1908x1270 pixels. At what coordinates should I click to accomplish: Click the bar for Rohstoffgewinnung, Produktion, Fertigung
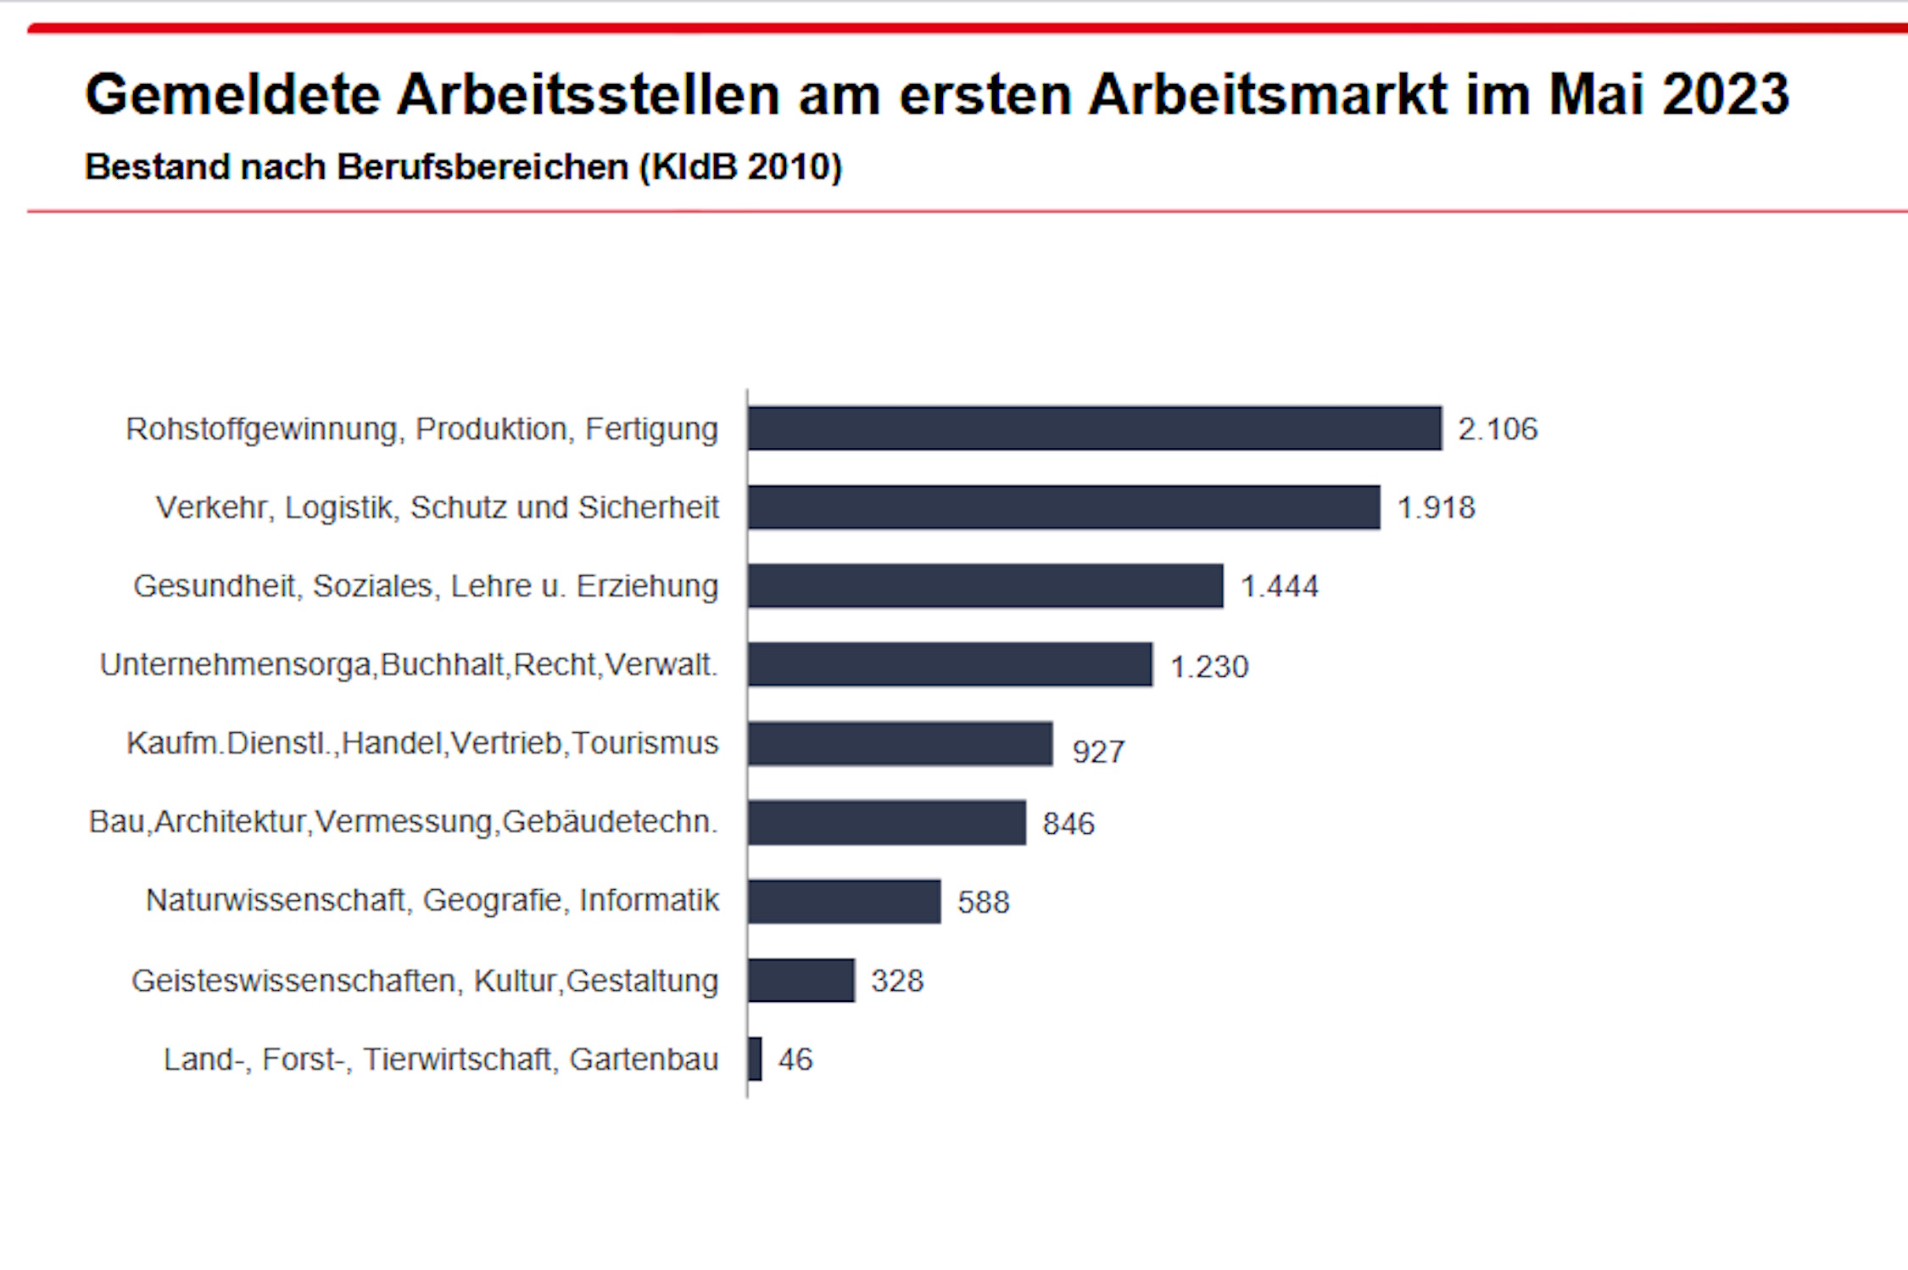click(x=1094, y=428)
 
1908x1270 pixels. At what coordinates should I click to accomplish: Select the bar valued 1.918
click(x=1063, y=507)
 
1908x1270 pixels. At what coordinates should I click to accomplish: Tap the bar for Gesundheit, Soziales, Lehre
click(x=985, y=586)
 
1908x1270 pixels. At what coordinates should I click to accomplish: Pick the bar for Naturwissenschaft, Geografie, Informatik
click(x=844, y=901)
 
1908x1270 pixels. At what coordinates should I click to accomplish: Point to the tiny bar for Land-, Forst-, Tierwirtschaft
click(x=755, y=1059)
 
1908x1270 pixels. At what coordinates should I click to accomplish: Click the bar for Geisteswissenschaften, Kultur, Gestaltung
click(x=801, y=981)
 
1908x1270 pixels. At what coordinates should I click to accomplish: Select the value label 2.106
click(x=1497, y=429)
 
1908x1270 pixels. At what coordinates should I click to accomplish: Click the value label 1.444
click(x=1279, y=586)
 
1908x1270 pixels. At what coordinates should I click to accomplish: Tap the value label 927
click(x=1098, y=752)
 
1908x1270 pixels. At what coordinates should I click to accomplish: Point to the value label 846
click(x=1068, y=824)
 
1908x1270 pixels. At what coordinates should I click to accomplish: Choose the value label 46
click(x=795, y=1060)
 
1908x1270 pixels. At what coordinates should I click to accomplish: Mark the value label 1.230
click(x=1208, y=667)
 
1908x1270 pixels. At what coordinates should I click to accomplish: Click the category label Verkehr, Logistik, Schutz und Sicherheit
click(x=437, y=507)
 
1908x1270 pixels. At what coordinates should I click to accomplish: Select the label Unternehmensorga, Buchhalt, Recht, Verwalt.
click(x=409, y=665)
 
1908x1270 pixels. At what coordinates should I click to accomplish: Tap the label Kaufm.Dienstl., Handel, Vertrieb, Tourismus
click(x=422, y=743)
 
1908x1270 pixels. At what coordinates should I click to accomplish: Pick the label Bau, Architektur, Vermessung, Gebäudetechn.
click(x=403, y=822)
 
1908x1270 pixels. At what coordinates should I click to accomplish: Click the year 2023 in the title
click(x=1725, y=94)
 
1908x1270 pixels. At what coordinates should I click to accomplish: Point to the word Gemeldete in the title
click(x=232, y=94)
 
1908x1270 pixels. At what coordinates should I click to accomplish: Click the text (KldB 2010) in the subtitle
click(x=740, y=167)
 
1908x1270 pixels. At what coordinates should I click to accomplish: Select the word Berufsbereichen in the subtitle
click(x=483, y=167)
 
